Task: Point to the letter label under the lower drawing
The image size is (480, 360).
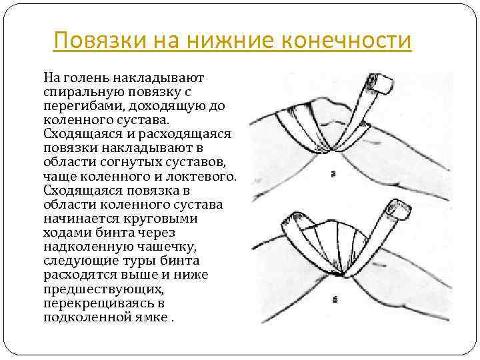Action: (x=335, y=300)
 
